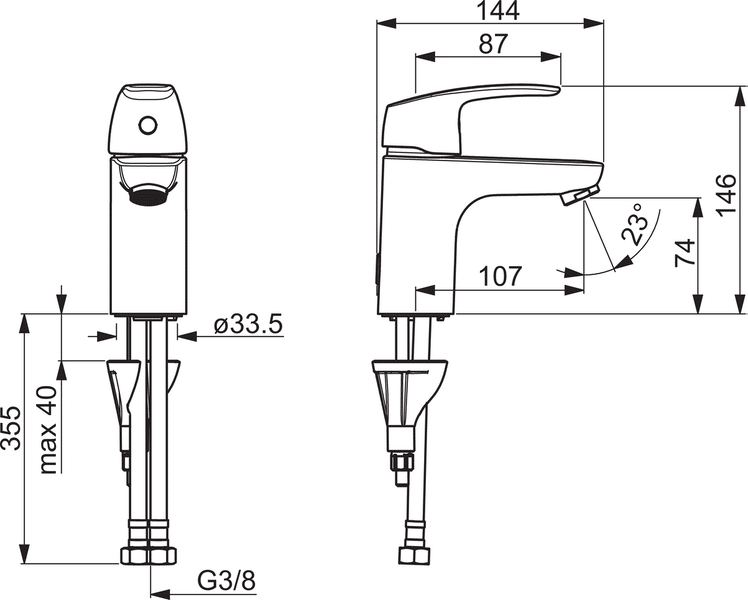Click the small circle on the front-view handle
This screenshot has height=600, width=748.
click(147, 126)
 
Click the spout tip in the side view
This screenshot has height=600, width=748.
click(579, 197)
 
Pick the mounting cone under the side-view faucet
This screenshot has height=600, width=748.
click(404, 396)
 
